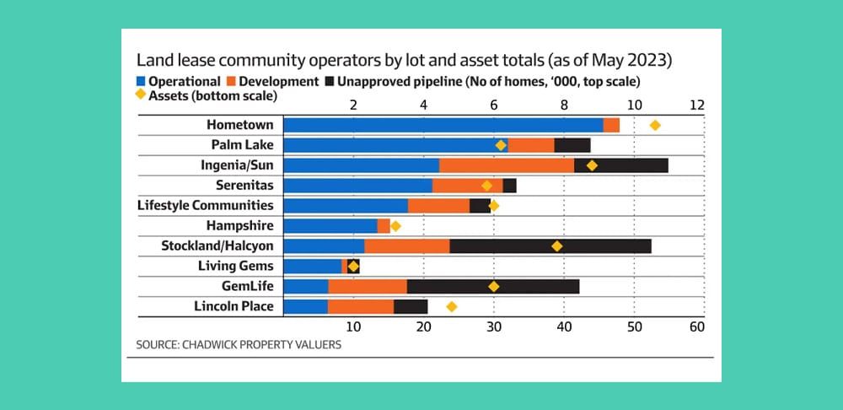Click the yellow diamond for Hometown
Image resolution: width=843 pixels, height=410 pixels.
point(655,125)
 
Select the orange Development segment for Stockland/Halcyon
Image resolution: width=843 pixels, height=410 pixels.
point(406,246)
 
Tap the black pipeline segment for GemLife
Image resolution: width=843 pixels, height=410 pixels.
point(492,287)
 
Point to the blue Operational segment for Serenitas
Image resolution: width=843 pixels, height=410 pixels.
point(357,186)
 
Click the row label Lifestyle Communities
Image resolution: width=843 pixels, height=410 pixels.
point(205,205)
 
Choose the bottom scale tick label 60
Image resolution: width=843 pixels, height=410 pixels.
point(696,326)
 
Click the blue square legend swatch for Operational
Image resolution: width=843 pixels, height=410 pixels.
point(140,82)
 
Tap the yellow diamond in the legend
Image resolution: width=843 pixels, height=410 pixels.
point(140,96)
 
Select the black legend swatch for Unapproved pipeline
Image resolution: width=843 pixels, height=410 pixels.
point(329,82)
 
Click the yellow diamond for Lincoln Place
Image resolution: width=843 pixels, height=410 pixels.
point(452,306)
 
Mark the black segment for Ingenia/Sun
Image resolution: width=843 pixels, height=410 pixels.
point(620,165)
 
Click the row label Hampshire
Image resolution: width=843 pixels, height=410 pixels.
point(239,225)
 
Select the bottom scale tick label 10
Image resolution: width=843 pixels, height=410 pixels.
point(353,326)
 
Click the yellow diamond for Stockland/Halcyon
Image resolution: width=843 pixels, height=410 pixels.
point(556,246)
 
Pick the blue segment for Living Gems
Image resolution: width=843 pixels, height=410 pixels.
point(312,267)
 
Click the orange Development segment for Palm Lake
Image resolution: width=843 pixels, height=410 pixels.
point(531,145)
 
